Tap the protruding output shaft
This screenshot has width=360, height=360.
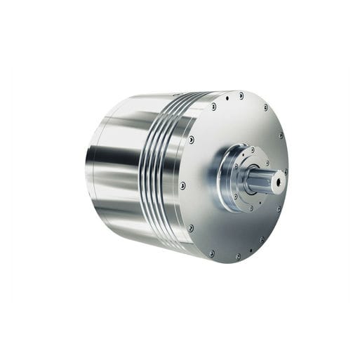[x=265, y=182]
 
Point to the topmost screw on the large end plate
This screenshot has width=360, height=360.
[x=241, y=95]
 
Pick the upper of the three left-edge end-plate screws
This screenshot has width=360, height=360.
[x=192, y=140]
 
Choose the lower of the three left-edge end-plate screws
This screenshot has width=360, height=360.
[x=190, y=228]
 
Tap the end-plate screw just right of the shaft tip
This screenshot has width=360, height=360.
[x=286, y=171]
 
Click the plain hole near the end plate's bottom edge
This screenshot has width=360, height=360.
[x=238, y=256]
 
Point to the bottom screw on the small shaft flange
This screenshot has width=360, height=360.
[x=245, y=208]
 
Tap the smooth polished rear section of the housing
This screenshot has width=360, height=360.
[x=116, y=168]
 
